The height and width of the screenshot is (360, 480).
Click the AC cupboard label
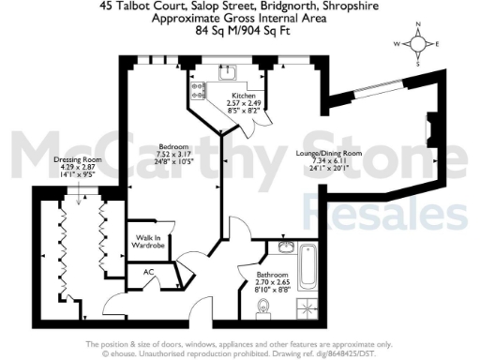pos(148,272)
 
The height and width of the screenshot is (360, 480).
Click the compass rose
pos(422,44)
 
